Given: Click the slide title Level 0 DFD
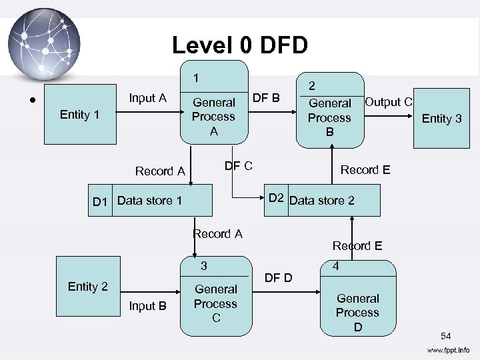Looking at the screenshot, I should [x=240, y=45].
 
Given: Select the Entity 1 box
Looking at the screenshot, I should [x=79, y=115].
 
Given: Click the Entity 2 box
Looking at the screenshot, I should [x=87, y=286].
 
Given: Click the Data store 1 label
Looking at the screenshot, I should [x=149, y=200].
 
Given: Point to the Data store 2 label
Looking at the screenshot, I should [x=322, y=200].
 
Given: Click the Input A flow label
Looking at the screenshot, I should [x=147, y=98].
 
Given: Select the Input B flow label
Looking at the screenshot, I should [x=147, y=306].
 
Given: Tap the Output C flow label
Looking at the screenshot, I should [x=389, y=102].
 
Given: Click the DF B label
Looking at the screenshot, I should [x=267, y=98].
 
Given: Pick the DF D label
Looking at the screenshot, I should [x=279, y=277].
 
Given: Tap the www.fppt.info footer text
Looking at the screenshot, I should [x=448, y=349].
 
